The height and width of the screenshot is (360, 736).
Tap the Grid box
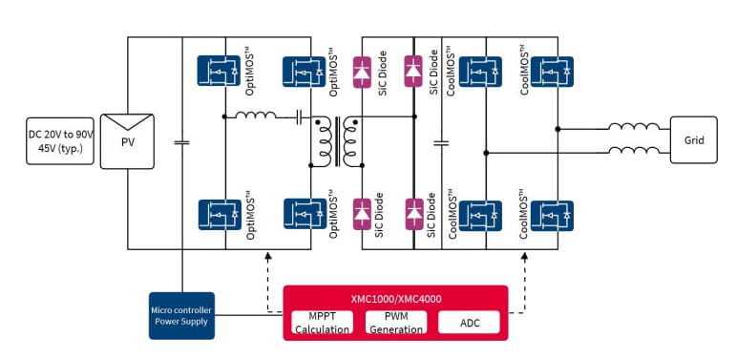694,140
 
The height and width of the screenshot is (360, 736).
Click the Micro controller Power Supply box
180,314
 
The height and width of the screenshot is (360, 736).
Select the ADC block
471,323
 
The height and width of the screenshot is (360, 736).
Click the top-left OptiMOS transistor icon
216,71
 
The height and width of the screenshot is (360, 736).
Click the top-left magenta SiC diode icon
362,70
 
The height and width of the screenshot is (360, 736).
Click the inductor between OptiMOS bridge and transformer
256,117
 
